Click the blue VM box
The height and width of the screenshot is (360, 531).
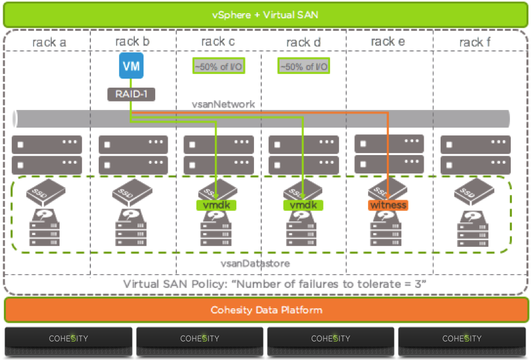click(x=131, y=66)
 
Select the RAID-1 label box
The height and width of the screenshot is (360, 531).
click(x=131, y=94)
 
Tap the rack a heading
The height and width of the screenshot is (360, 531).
click(x=49, y=43)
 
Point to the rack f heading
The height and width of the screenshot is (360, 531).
click(x=471, y=43)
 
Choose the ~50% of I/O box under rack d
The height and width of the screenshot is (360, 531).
click(x=303, y=66)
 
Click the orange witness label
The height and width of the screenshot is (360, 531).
click(x=388, y=205)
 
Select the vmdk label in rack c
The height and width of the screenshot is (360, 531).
click(x=216, y=205)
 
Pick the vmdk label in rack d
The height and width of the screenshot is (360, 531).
click(x=303, y=205)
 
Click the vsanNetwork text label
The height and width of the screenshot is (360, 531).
click(x=223, y=104)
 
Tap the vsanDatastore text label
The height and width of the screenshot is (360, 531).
click(x=257, y=263)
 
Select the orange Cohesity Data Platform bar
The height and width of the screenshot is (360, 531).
click(x=266, y=310)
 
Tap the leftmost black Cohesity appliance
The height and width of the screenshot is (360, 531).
click(x=69, y=339)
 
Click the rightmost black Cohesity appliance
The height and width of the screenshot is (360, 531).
click(x=462, y=339)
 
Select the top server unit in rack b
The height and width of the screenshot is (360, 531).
click(x=133, y=145)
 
